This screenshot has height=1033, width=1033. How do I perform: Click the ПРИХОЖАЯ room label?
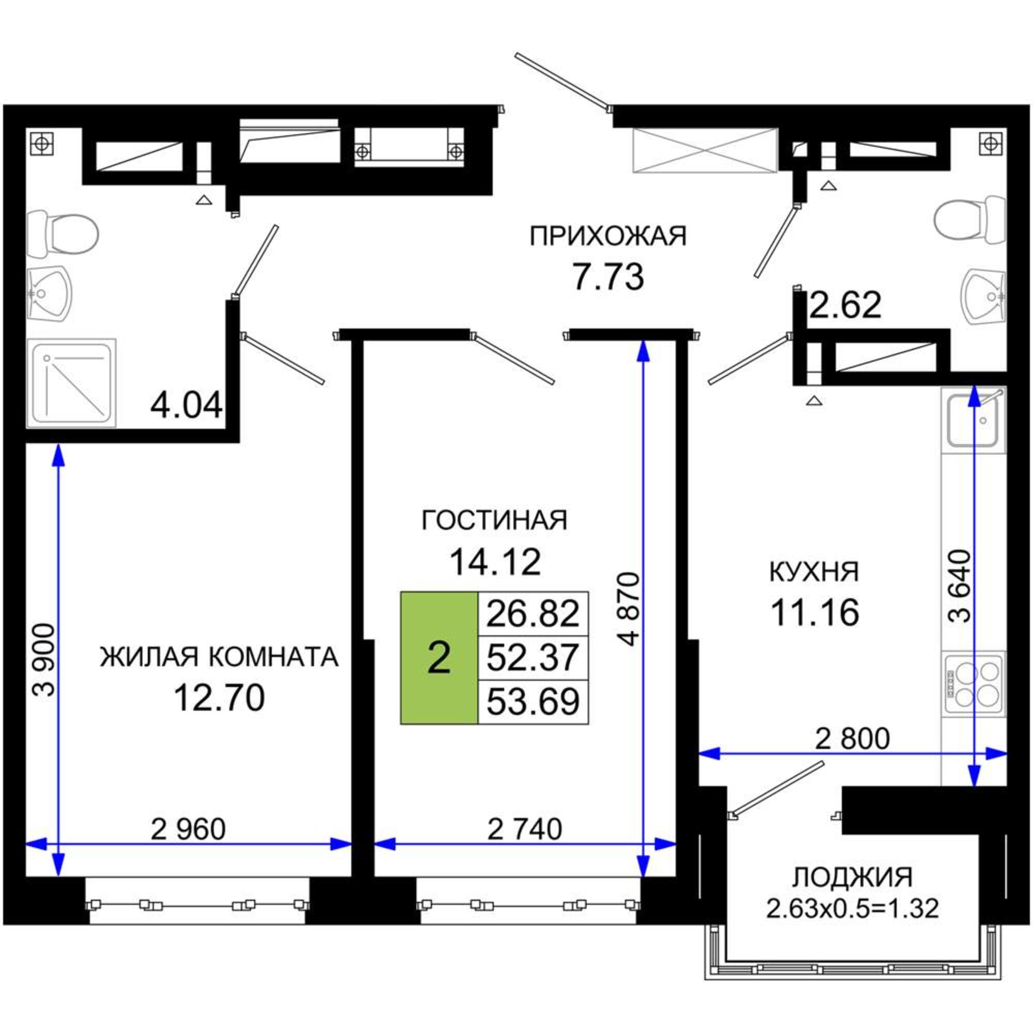click(x=608, y=237)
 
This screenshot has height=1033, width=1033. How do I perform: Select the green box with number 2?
click(x=439, y=658)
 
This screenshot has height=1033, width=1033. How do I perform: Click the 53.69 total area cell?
click(x=533, y=702)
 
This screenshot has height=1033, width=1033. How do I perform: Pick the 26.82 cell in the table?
click(x=533, y=614)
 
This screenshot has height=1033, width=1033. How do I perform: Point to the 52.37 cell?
click(x=533, y=658)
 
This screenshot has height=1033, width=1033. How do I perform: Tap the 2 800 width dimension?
click(x=852, y=739)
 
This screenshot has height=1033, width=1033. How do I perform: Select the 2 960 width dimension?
click(x=188, y=829)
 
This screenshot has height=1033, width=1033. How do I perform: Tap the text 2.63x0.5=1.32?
click(x=852, y=908)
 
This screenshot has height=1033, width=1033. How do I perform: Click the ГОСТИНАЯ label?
click(x=495, y=520)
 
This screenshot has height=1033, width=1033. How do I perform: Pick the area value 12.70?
click(x=219, y=698)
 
